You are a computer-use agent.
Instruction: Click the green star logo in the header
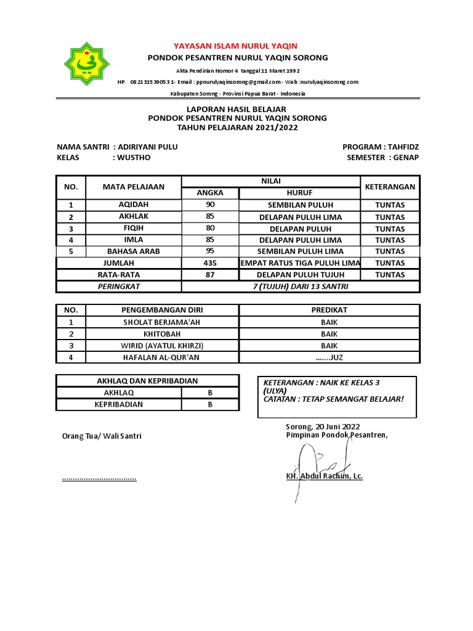[x=91, y=65]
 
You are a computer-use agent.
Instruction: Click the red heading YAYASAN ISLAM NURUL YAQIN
[x=236, y=46]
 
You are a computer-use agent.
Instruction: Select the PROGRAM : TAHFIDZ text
[x=381, y=147]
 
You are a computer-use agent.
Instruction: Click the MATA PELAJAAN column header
[x=134, y=186]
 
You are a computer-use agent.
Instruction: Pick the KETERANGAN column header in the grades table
[x=390, y=186]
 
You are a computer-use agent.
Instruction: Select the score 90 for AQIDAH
[x=210, y=205]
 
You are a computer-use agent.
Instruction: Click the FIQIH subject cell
[x=134, y=228]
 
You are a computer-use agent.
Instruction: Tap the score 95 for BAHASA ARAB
[x=210, y=251]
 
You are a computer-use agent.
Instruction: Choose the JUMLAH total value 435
[x=210, y=263]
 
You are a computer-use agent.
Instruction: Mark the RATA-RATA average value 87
[x=210, y=275]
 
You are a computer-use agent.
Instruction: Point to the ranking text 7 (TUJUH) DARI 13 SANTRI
[x=300, y=287]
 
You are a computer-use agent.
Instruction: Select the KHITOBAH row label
[x=162, y=333]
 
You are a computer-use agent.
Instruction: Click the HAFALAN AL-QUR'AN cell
[x=162, y=357]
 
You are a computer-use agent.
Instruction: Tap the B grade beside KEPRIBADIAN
[x=210, y=405]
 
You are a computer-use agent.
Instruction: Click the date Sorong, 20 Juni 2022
[x=323, y=426]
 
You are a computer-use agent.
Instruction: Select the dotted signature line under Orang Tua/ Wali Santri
[x=99, y=478]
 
